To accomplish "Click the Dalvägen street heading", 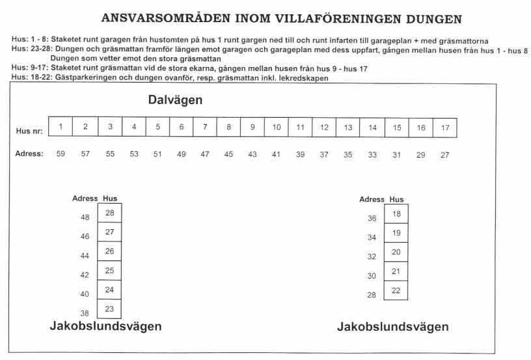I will pos(175,100).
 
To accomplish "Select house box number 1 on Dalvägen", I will pos(61,127).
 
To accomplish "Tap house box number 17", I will pos(445,128).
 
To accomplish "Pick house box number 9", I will pos(252,127).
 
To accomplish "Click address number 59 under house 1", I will pos(61,154).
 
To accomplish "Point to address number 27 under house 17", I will pos(445,155).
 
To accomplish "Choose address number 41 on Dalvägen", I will pos(277,154).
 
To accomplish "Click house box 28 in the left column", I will pos(109,213).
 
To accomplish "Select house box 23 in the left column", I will pos(109,309).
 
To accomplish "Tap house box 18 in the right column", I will pos(396,214).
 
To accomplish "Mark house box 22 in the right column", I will pos(396,290).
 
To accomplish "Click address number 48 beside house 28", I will pos(85,217).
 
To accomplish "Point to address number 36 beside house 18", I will pos(372,219).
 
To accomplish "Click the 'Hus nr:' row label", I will pos(29,131).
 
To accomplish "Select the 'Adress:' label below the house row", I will pos(29,154).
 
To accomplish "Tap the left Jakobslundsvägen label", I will pos(105,325).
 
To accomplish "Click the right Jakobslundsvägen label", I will pos(392,327).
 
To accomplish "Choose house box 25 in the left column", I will pos(109,270).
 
